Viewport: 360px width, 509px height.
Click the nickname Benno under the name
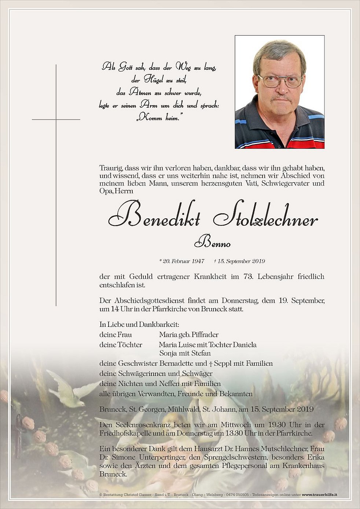point(212,243)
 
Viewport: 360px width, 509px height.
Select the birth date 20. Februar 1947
point(182,261)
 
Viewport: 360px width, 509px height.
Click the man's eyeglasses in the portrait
point(280,81)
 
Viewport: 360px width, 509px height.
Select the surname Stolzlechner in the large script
point(265,218)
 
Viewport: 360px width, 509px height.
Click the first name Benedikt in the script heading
point(154,218)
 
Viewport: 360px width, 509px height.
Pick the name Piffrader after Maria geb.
point(205,335)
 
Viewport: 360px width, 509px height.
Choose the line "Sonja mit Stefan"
point(185,353)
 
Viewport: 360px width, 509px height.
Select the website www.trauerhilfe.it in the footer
point(319,495)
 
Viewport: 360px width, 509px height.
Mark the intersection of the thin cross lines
point(56,119)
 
